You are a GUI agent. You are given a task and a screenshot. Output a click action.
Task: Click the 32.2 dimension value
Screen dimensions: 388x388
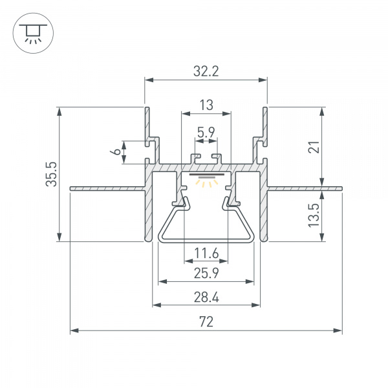206,72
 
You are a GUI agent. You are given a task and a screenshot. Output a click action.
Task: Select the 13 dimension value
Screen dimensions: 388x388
206,105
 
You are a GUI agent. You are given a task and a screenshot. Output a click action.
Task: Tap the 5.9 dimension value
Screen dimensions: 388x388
206,133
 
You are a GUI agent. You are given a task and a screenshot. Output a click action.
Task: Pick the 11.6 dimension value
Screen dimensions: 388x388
206,253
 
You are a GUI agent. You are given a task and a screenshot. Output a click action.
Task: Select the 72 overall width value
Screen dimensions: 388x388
206,321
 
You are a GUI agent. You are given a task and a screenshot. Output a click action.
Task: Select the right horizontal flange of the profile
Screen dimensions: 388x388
304,189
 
